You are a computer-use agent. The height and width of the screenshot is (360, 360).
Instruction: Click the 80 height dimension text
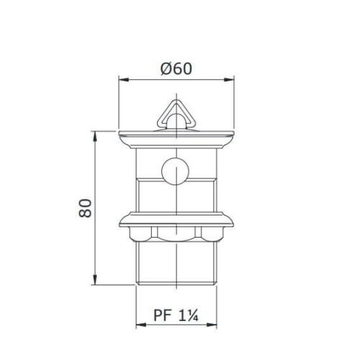click(x=86, y=209)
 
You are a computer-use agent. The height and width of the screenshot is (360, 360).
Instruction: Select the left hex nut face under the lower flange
click(x=144, y=233)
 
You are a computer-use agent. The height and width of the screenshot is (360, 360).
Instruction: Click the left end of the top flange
click(x=120, y=135)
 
